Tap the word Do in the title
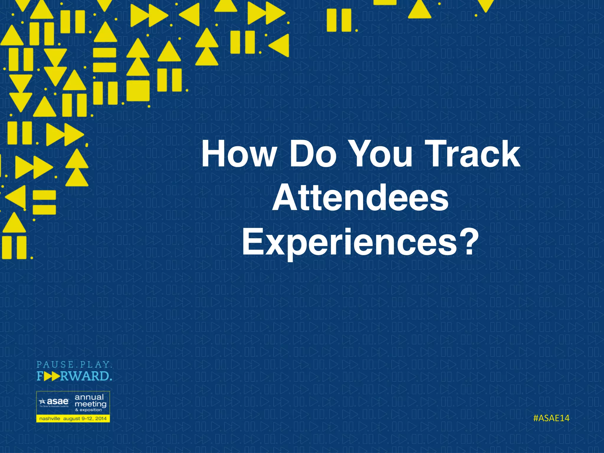(x=313, y=154)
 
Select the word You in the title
(x=382, y=154)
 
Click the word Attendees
(x=360, y=198)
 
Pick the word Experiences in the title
(x=349, y=242)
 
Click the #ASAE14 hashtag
(x=551, y=418)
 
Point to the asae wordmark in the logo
(x=58, y=401)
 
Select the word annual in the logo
(x=89, y=397)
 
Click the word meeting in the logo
(x=90, y=404)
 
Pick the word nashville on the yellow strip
(x=50, y=418)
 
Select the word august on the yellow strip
(x=72, y=419)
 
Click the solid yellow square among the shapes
(x=138, y=91)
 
